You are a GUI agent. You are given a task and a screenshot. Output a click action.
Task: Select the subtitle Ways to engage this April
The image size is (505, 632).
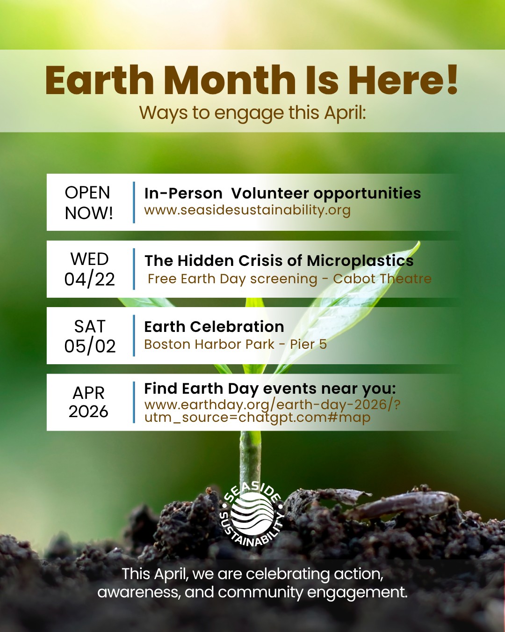point(252,113)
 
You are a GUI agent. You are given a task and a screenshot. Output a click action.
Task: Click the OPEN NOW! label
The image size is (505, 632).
point(88,203)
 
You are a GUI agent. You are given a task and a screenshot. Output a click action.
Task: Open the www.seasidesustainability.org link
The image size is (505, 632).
point(247,210)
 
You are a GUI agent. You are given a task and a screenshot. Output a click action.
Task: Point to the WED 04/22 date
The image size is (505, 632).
point(89,269)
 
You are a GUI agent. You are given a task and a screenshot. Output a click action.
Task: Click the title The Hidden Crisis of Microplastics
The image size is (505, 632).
point(279,260)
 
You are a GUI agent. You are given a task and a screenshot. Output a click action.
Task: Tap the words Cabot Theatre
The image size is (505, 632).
point(382,279)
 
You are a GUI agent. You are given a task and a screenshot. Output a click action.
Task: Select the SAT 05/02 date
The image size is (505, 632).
point(89,336)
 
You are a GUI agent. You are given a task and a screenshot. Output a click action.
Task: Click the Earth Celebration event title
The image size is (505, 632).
point(214,326)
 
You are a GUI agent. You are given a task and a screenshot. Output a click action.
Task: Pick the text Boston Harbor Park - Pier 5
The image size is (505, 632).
point(235,345)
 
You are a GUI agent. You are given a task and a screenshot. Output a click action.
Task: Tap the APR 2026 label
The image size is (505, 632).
point(88,402)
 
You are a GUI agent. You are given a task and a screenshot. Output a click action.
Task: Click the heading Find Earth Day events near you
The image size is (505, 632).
point(270,389)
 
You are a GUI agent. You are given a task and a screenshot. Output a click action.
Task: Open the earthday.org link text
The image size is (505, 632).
point(272,411)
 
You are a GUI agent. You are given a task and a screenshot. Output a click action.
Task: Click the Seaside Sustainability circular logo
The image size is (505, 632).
point(252,514)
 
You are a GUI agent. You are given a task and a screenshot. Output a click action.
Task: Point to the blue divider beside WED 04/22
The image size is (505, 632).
point(134,269)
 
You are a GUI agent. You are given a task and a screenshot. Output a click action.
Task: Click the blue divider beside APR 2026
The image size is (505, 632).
point(134,402)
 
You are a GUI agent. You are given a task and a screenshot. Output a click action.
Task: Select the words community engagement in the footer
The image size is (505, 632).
point(312,593)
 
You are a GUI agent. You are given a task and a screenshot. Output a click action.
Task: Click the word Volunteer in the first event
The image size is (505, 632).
point(270,193)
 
